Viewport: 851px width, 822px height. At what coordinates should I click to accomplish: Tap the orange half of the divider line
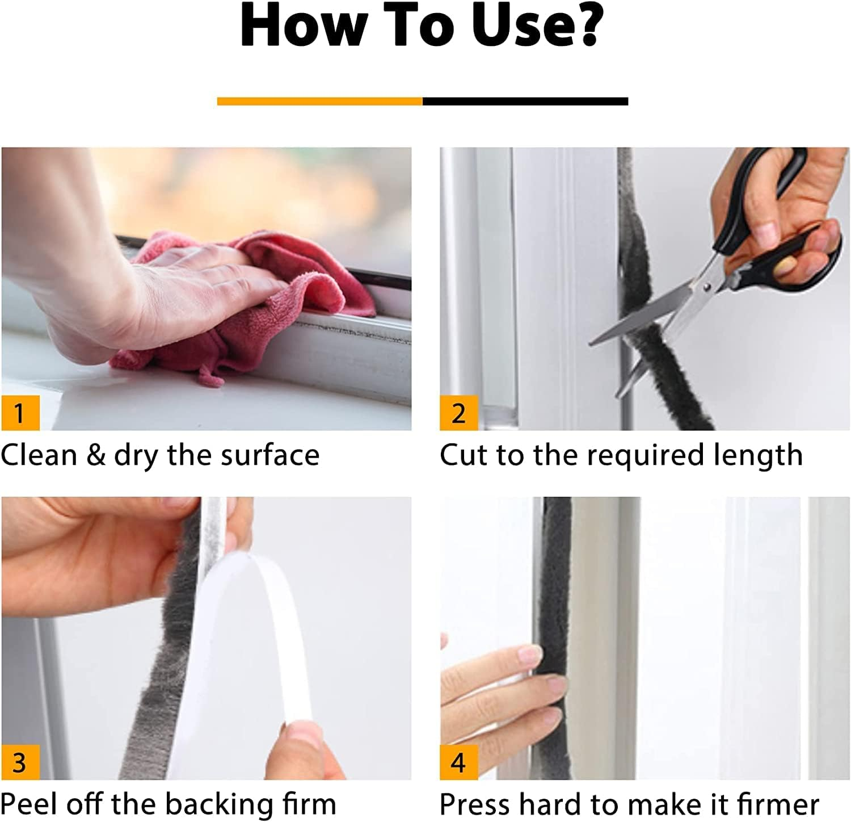coord(319,101)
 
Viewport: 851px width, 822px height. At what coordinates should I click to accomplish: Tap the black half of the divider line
coord(525,101)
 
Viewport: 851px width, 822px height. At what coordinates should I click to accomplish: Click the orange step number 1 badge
coord(20,413)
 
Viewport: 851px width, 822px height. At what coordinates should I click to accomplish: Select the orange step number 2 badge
coord(458,413)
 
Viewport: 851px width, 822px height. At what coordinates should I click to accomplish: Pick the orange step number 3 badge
coord(20,762)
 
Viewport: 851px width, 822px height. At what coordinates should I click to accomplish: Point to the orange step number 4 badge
coord(458,762)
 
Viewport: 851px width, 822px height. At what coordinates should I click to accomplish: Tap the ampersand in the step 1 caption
coord(95,455)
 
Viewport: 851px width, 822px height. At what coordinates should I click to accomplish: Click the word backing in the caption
coord(213,805)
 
